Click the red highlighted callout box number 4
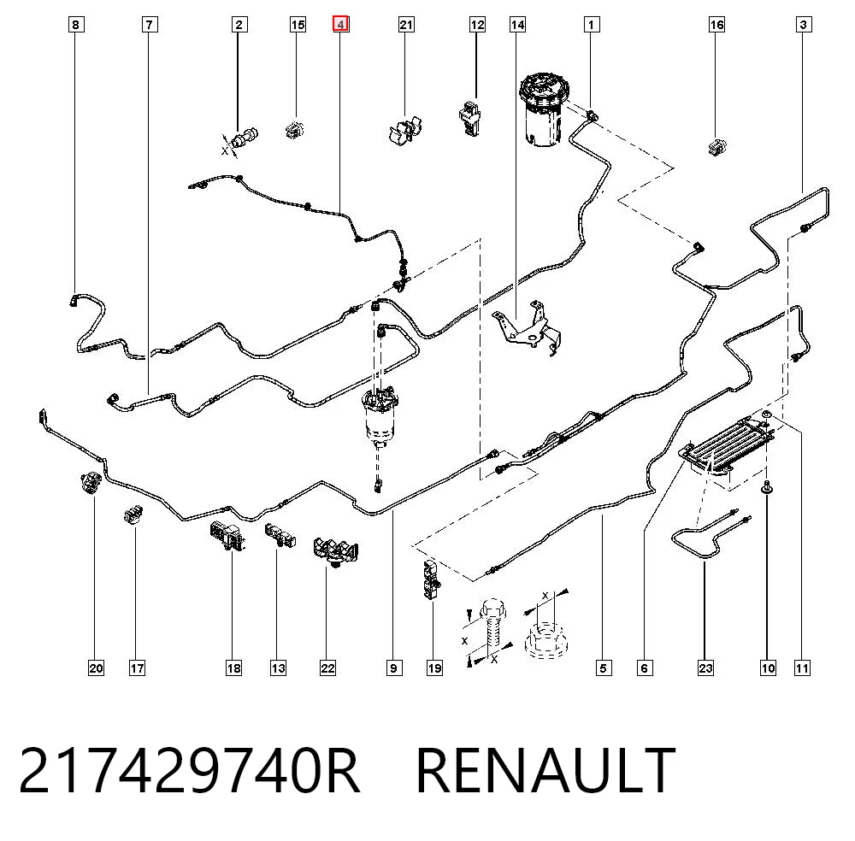[341, 24]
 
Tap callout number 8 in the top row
[76, 24]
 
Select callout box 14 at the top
[517, 24]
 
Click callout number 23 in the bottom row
[705, 668]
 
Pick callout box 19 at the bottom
[434, 668]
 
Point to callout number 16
[716, 24]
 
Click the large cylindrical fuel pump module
[545, 110]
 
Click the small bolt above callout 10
[767, 486]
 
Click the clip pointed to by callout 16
[717, 147]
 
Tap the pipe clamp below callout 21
[405, 130]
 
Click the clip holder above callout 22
[334, 550]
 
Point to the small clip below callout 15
[294, 129]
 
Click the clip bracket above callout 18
[228, 535]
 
